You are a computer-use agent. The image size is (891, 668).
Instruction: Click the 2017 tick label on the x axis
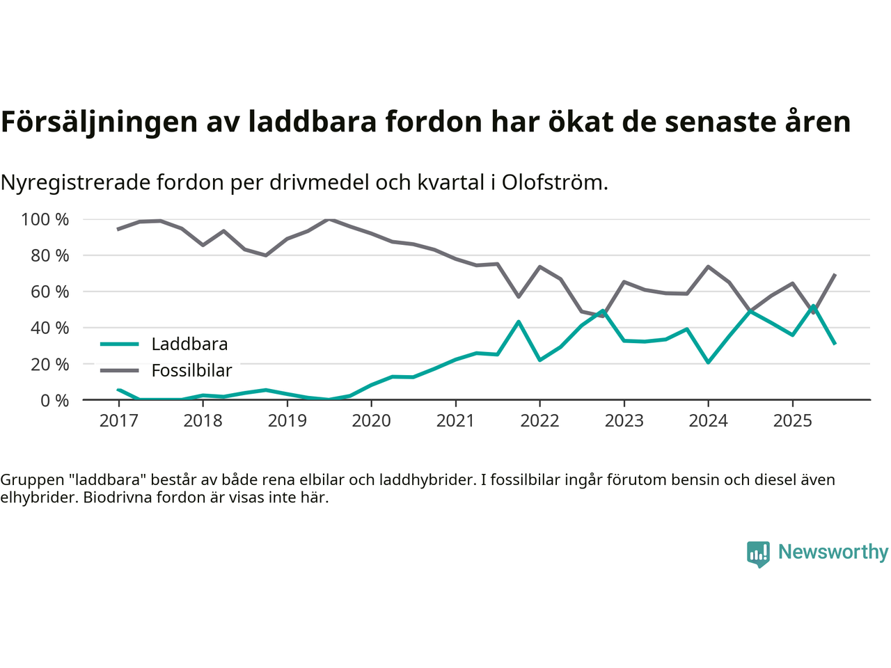click(118, 421)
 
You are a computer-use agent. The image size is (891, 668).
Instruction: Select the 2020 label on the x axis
click(371, 421)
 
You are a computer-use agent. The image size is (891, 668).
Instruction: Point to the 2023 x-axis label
click(624, 421)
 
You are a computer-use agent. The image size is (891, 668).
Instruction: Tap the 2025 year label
click(792, 421)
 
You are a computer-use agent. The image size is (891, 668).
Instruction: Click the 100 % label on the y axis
click(45, 220)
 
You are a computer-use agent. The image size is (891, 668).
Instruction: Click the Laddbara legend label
click(189, 344)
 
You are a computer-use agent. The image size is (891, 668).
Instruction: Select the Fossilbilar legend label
click(191, 371)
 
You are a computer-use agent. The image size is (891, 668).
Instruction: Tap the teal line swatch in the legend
click(120, 344)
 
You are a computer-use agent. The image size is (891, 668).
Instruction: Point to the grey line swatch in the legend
click(120, 370)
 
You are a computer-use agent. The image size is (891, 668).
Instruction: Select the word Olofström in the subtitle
click(554, 182)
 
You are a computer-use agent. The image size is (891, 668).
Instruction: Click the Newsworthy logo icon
click(758, 554)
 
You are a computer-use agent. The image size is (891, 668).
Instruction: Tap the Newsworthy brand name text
click(833, 552)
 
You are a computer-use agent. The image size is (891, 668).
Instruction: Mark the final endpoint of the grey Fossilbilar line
click(835, 274)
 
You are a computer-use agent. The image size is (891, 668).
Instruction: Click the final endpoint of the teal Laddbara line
click(835, 344)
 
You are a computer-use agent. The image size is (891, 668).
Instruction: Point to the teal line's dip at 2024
click(708, 363)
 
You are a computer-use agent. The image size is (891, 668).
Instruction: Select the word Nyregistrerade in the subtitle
click(75, 182)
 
